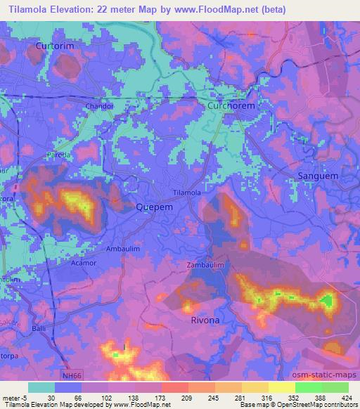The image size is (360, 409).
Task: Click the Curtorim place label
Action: coord(54,46)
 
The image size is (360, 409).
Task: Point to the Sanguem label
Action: coord(319,175)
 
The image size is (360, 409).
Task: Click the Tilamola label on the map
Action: coord(187,192)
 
